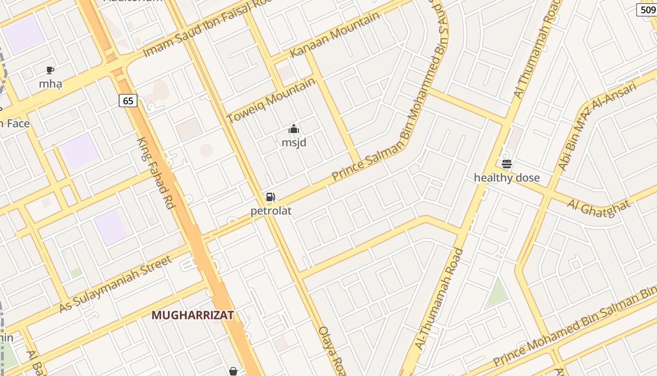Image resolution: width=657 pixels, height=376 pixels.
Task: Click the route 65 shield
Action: point(128,101)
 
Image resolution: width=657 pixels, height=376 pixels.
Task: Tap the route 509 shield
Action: point(647,9)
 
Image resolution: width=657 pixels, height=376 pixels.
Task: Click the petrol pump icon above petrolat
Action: point(270,197)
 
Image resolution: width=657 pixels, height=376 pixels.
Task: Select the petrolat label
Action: point(271,211)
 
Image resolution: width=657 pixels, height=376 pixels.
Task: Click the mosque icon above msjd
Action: point(294,129)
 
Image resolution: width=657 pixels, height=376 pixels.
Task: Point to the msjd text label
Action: point(294,142)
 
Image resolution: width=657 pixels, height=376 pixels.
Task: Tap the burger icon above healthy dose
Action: point(507,164)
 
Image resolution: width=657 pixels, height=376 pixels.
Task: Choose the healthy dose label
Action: point(507,178)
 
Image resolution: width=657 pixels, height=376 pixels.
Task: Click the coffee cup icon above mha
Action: point(50,70)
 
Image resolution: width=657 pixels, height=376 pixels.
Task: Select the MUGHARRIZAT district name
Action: point(192,315)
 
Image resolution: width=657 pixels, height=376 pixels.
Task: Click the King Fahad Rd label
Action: point(155,172)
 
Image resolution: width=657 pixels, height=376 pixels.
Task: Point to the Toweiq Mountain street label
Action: point(271,100)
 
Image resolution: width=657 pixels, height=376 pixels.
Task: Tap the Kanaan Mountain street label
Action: point(335,35)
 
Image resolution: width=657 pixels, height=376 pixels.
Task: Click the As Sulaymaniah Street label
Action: point(115,284)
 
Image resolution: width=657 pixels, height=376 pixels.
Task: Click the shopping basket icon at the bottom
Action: point(233,371)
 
